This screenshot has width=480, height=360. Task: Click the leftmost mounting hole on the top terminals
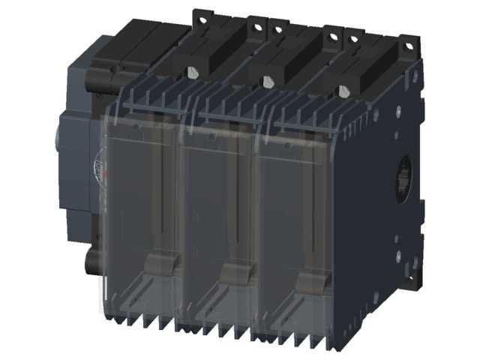pos(199,15)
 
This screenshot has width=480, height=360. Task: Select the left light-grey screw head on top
pos(193,73)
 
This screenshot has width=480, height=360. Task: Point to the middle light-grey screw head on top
pos(267,82)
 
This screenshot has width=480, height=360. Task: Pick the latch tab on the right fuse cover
pos(310,283)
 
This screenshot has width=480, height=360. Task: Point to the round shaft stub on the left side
pos(60,142)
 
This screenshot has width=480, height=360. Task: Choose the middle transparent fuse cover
pos(217,225)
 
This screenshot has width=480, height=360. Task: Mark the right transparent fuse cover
pos(296,232)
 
